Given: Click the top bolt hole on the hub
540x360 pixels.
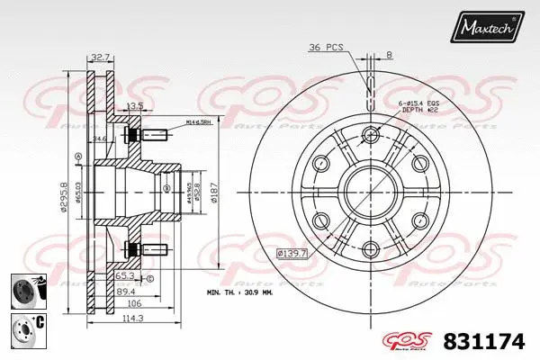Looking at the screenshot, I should pos(370,136).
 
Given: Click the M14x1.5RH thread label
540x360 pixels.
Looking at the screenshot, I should pos(200,121).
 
